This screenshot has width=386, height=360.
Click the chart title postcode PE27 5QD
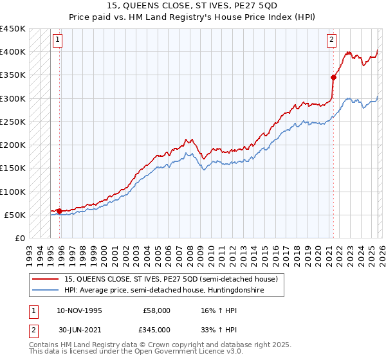[x=265, y=5]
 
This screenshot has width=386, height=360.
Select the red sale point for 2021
[x=333, y=77]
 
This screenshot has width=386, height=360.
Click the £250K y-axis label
[x=13, y=122]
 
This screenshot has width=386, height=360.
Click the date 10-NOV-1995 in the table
[x=79, y=310]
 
